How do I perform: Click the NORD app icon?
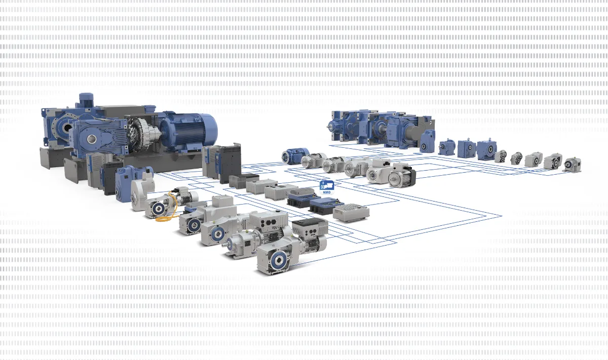click(x=326, y=187)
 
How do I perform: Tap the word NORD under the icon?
click(x=326, y=192)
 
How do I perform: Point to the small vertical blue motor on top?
click(x=86, y=100)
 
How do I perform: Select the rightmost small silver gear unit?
click(x=572, y=164)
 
